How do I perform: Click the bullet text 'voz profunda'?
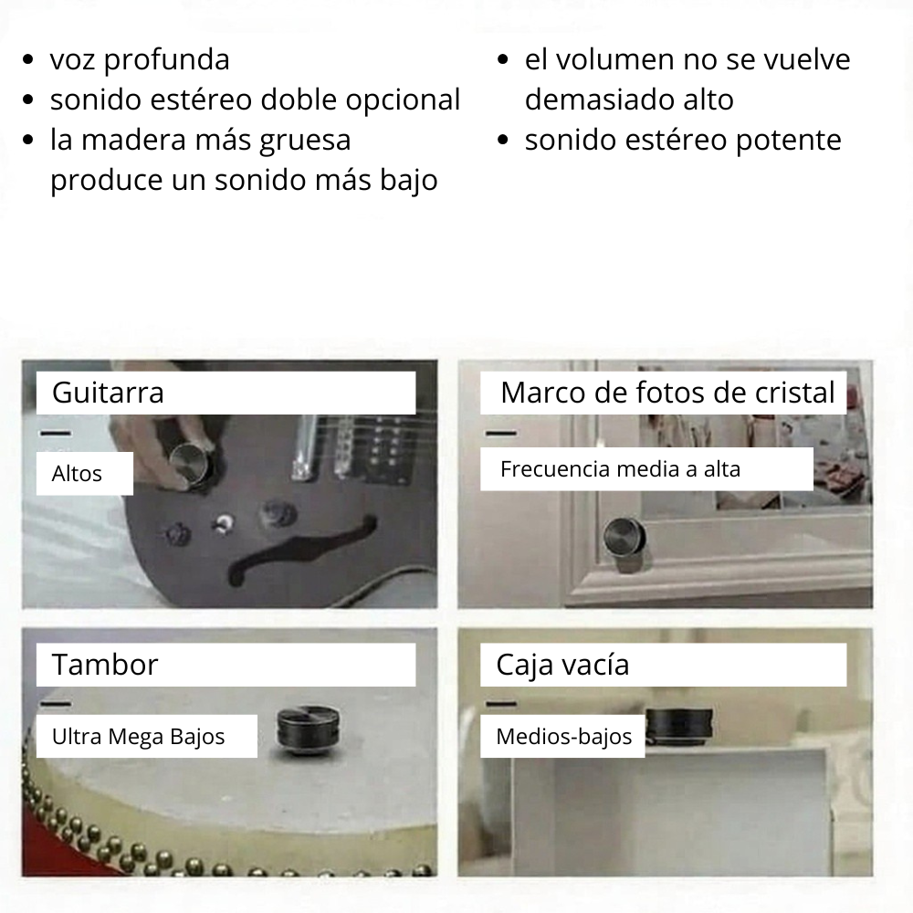140,60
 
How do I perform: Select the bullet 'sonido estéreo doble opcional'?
255,100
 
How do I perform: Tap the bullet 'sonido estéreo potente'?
683,140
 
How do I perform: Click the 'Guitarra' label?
108,393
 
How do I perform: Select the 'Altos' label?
78,474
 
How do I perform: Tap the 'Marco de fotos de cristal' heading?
667,393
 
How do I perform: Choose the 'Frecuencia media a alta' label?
620,469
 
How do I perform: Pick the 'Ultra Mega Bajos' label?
138,736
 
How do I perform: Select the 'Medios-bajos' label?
563,737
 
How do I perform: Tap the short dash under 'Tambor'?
56,704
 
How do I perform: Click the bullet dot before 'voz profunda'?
30,61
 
